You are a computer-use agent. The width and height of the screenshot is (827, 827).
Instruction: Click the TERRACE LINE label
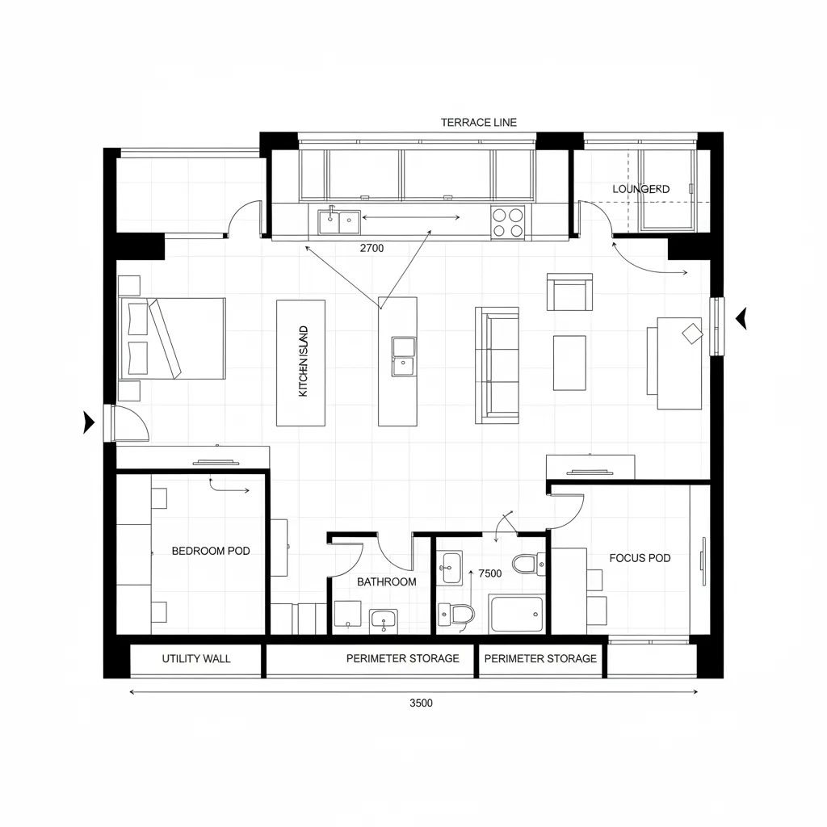point(478,123)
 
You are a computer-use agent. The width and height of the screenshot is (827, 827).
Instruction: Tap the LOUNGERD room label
point(640,189)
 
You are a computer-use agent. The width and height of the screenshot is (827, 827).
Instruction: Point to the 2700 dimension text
point(371,249)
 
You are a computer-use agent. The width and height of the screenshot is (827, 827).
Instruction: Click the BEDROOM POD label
point(211,551)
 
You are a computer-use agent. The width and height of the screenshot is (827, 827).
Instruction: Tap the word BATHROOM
point(386,581)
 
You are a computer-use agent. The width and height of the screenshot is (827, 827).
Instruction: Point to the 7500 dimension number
point(490,573)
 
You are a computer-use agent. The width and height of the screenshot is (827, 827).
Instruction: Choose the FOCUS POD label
point(640,558)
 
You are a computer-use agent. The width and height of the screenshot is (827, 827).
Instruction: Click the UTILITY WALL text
point(195,659)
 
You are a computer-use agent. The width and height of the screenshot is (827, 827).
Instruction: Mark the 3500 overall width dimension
point(421,703)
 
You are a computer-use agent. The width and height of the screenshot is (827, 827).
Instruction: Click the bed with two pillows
point(172,338)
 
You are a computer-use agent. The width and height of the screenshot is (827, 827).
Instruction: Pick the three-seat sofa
point(497,364)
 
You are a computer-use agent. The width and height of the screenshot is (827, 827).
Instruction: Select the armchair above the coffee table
point(569,292)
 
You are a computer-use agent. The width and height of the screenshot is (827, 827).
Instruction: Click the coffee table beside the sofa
point(569,363)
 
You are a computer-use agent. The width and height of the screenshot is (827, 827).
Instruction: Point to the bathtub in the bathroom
point(517,614)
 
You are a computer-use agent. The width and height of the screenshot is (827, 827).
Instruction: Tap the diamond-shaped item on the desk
point(692,333)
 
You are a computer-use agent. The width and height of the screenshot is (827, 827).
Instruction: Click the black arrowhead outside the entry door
point(89,422)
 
